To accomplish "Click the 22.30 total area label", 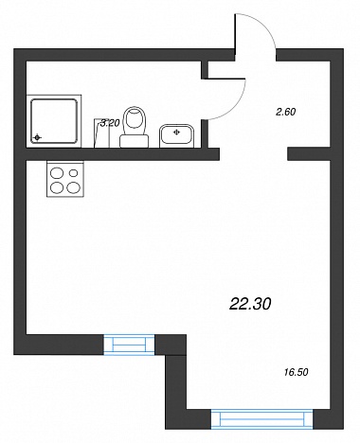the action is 250,304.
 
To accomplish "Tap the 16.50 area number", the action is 296,372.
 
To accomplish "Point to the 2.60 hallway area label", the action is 286,112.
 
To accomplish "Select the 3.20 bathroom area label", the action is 110,123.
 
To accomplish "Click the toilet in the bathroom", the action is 135,127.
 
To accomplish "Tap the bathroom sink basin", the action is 176,135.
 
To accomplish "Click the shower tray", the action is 54,120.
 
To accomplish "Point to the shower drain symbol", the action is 37,137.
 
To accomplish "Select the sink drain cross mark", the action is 176,133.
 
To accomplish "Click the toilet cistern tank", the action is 135,141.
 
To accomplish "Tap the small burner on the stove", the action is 73,173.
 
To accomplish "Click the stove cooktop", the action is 65,179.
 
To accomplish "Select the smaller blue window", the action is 129,345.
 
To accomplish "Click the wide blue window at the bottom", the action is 261,419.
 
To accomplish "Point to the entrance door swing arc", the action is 261,26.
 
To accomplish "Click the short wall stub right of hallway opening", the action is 309,154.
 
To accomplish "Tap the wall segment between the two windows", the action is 171,345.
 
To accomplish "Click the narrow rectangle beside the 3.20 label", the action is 101,133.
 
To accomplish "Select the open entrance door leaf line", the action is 235,35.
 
